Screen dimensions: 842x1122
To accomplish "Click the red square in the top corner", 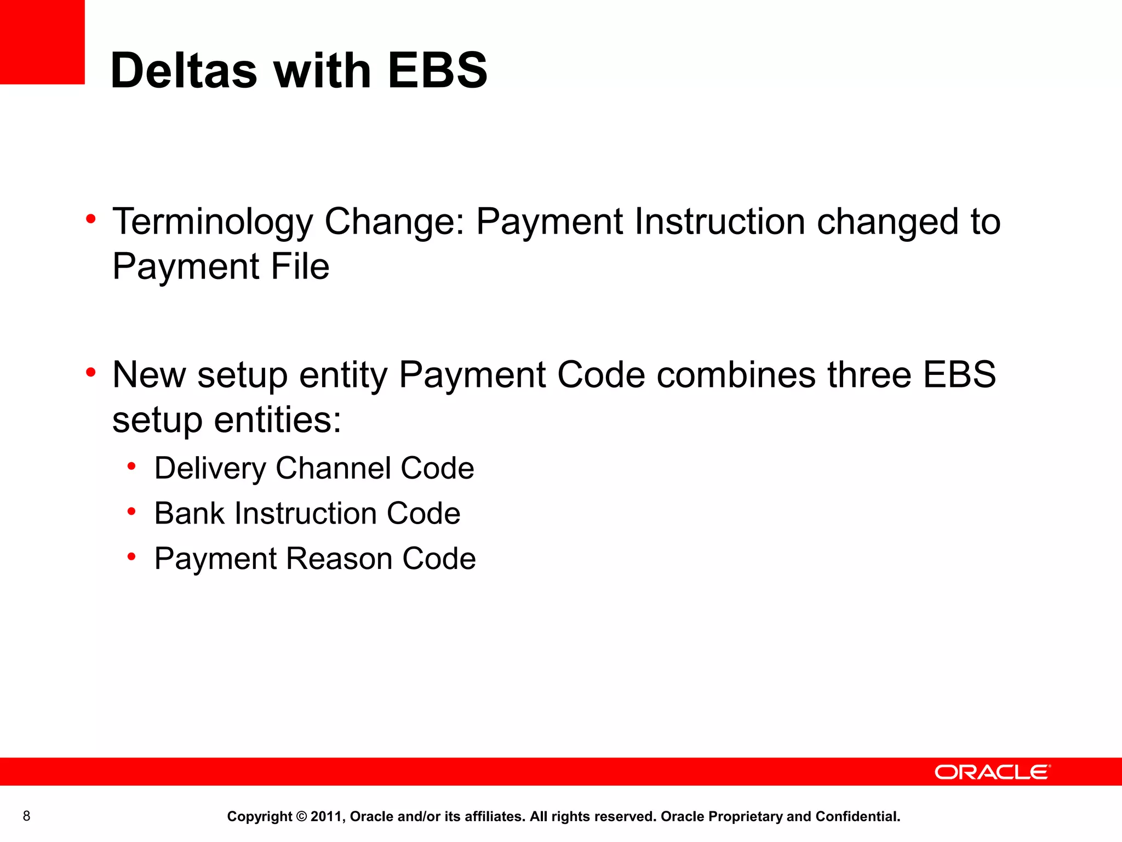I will (42, 42).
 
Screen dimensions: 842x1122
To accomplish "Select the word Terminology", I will (213, 222).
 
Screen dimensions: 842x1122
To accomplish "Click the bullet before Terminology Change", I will (91, 219).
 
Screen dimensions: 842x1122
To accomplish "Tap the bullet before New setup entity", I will (91, 373).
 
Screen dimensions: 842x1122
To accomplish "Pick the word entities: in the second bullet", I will (277, 420).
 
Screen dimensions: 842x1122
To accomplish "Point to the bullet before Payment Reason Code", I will (131, 557).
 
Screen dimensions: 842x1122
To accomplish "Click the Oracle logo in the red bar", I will (992, 772).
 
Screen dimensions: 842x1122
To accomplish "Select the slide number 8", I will (26, 816).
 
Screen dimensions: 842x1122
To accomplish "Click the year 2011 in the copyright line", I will (326, 817).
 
